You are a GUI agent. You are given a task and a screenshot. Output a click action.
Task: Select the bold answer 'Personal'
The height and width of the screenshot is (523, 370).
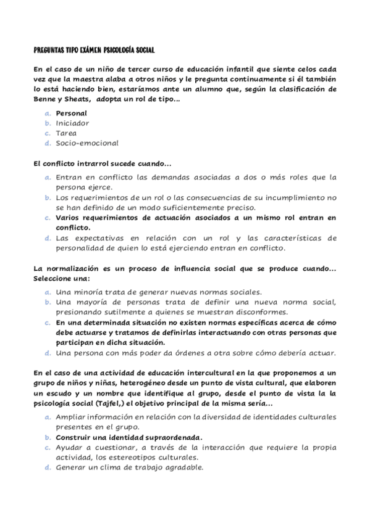(x=71, y=113)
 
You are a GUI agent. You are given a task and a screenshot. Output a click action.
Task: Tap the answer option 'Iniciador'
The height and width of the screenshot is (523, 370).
(x=72, y=123)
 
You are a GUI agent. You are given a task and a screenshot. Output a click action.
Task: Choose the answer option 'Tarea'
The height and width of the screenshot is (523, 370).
(x=66, y=133)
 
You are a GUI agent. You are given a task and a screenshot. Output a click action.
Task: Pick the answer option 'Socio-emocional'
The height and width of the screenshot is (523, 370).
(x=86, y=142)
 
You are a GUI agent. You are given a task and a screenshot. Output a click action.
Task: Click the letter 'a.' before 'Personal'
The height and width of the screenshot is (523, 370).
(x=48, y=113)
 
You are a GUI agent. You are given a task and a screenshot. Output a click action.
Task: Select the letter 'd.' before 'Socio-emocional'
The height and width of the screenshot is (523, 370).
(x=48, y=142)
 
